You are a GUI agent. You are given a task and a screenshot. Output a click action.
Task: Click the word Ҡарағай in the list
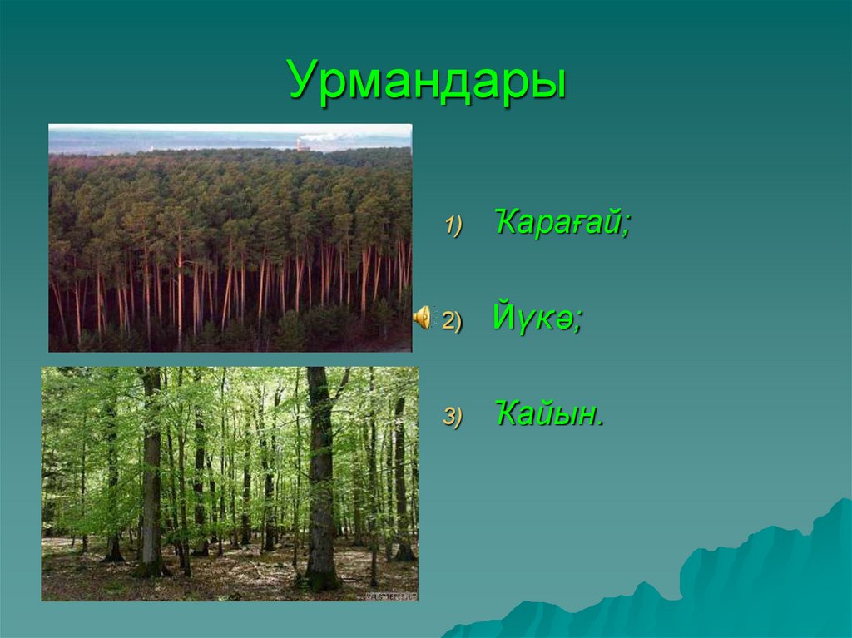557,223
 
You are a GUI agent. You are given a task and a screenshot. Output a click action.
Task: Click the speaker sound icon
423,317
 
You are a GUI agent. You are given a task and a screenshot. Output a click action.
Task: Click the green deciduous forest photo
230,483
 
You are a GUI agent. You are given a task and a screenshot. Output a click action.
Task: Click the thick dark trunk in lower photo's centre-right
319,482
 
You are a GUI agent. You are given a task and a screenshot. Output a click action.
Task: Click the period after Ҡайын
600,423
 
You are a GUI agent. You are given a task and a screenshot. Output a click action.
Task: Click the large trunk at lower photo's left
151,482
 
